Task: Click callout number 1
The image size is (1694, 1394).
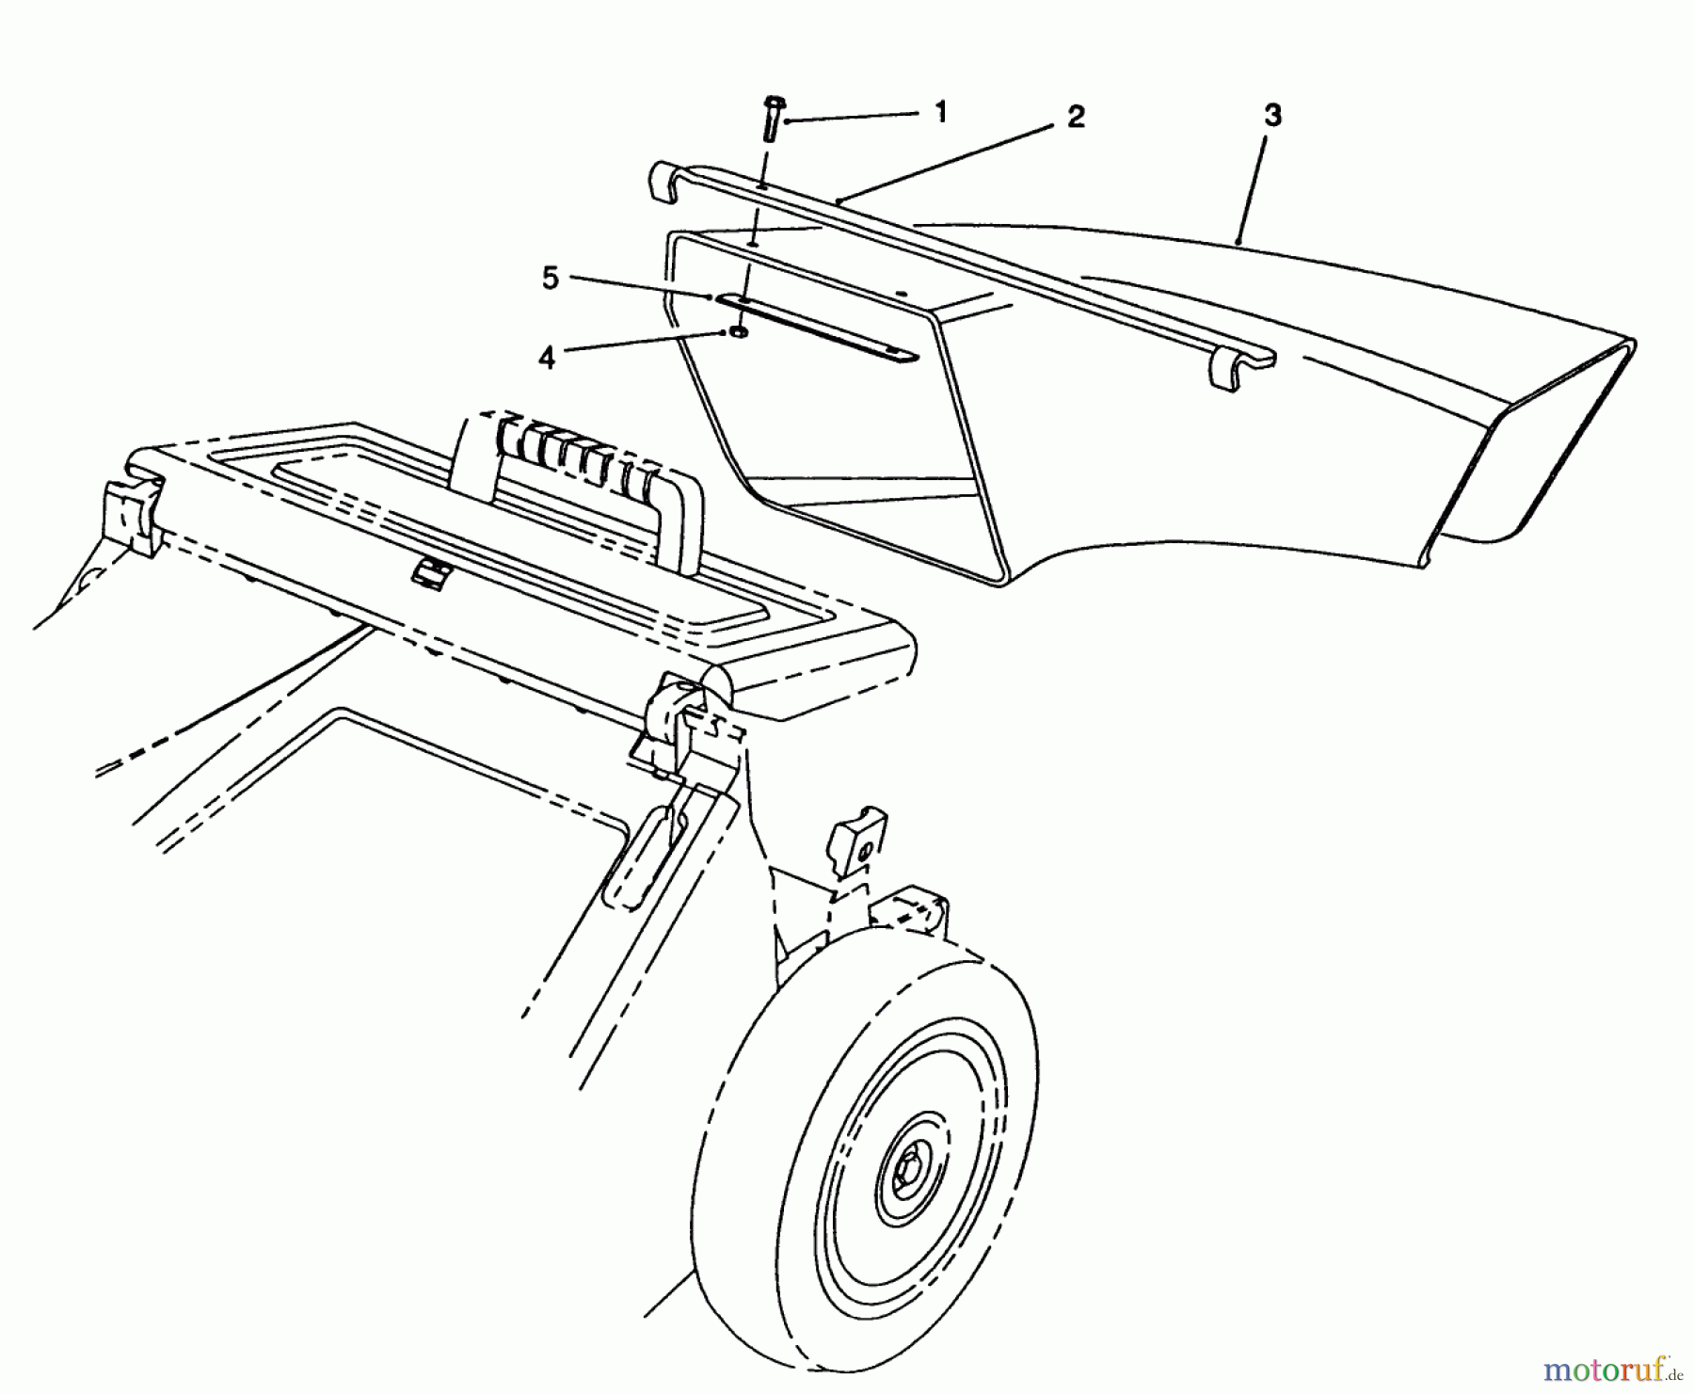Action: [x=939, y=112]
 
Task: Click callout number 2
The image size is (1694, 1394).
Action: [x=1076, y=117]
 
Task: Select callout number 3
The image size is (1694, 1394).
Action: [x=1271, y=116]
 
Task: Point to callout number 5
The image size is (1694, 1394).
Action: [x=550, y=279]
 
